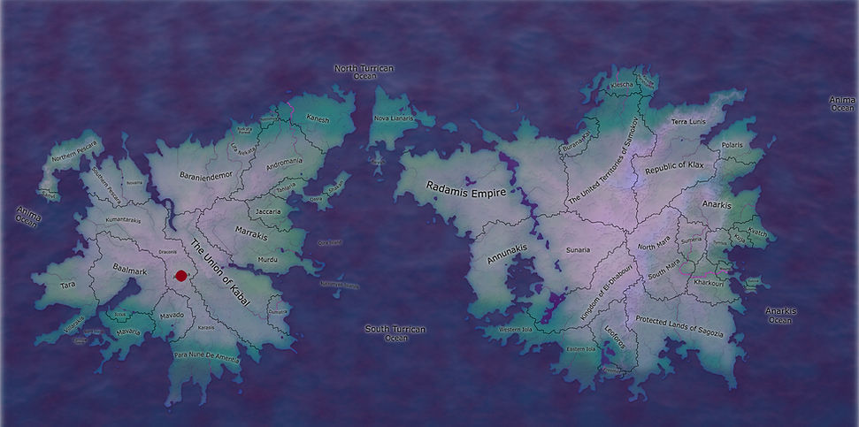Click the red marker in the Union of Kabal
180,276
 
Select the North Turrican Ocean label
364,72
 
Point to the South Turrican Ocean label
395,333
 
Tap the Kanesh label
317,118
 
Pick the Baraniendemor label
204,176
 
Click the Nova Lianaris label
395,118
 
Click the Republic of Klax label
674,166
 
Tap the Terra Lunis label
688,121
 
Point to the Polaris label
732,143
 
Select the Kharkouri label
709,283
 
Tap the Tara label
68,286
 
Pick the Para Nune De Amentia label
206,356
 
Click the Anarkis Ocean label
780,316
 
